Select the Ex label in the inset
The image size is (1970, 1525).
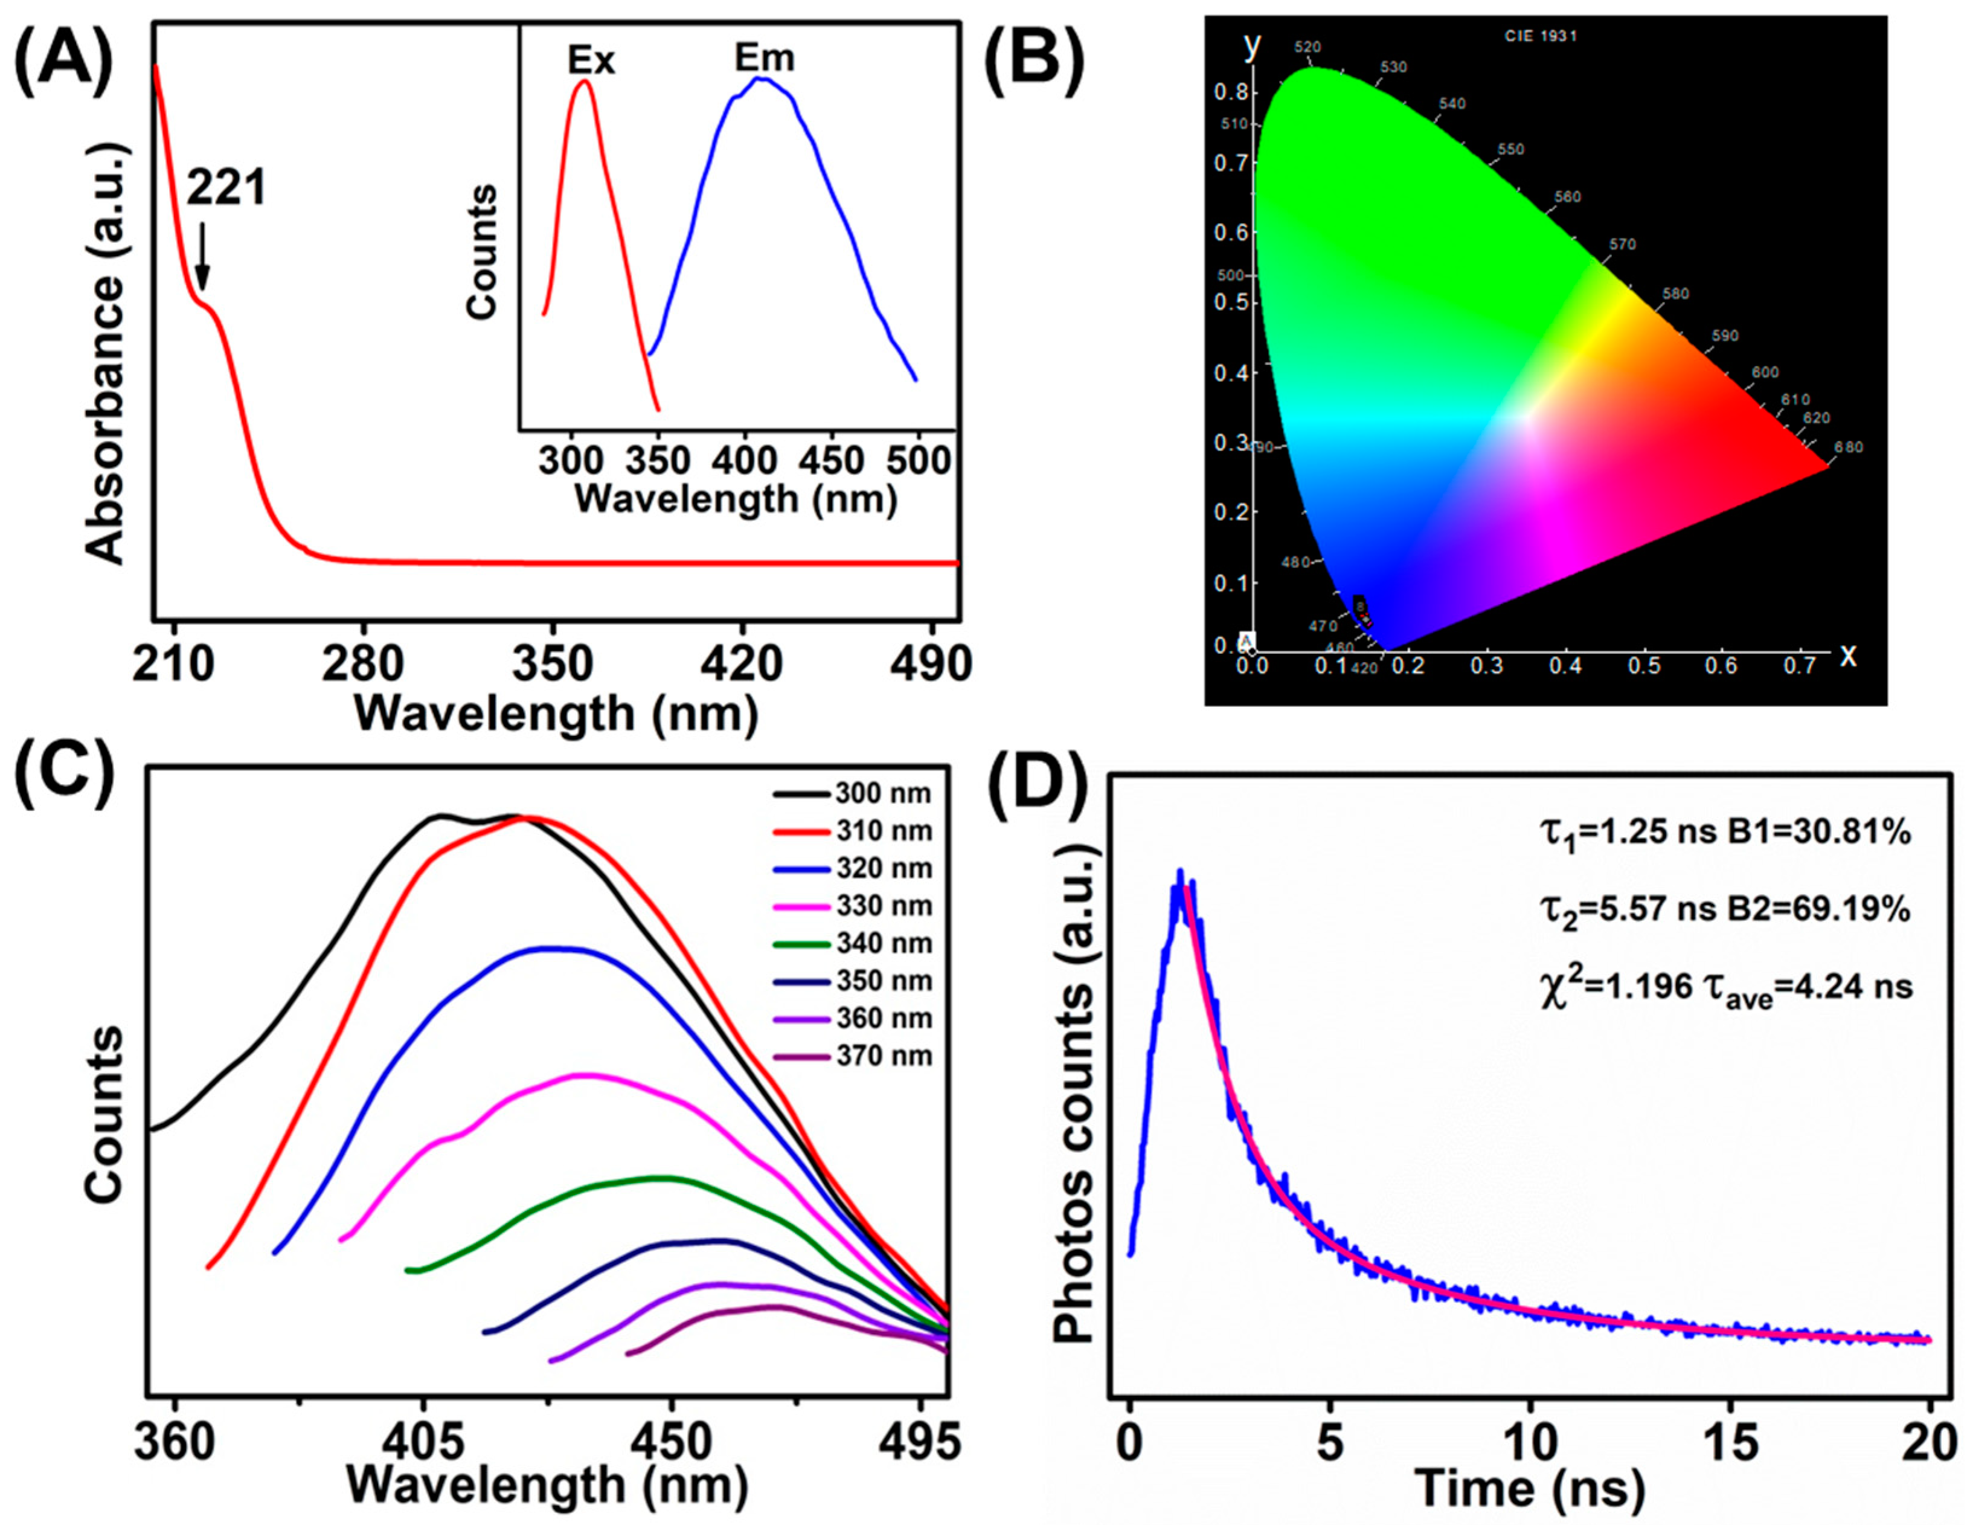click(x=591, y=60)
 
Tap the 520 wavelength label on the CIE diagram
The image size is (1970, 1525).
click(x=1307, y=47)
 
